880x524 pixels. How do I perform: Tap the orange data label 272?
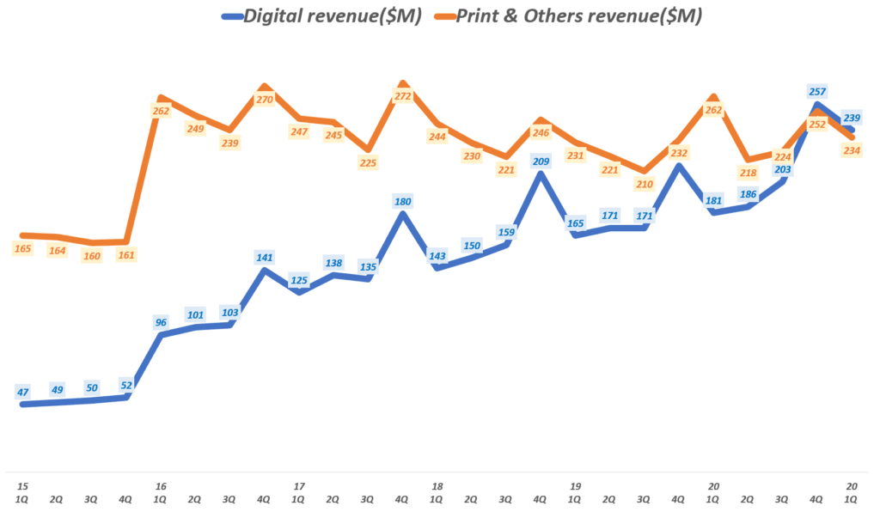(x=402, y=96)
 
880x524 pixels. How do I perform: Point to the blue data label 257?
(x=817, y=91)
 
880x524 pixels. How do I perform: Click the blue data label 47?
(x=22, y=392)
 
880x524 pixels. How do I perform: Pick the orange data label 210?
(x=645, y=183)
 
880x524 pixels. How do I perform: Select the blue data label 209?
(x=541, y=161)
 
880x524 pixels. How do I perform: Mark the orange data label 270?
(x=264, y=100)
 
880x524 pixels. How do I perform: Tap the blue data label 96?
(x=160, y=322)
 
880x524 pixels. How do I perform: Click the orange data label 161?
(x=126, y=254)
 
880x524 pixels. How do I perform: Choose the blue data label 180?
(x=402, y=202)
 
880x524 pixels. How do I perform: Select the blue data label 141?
(x=264, y=257)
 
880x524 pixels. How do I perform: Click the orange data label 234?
(x=852, y=150)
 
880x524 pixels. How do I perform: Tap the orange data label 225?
(x=368, y=162)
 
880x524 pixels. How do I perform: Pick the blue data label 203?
(x=782, y=169)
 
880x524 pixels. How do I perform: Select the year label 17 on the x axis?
(x=298, y=486)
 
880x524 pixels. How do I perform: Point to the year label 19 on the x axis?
(x=575, y=486)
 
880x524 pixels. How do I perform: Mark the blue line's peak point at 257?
(x=817, y=106)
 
